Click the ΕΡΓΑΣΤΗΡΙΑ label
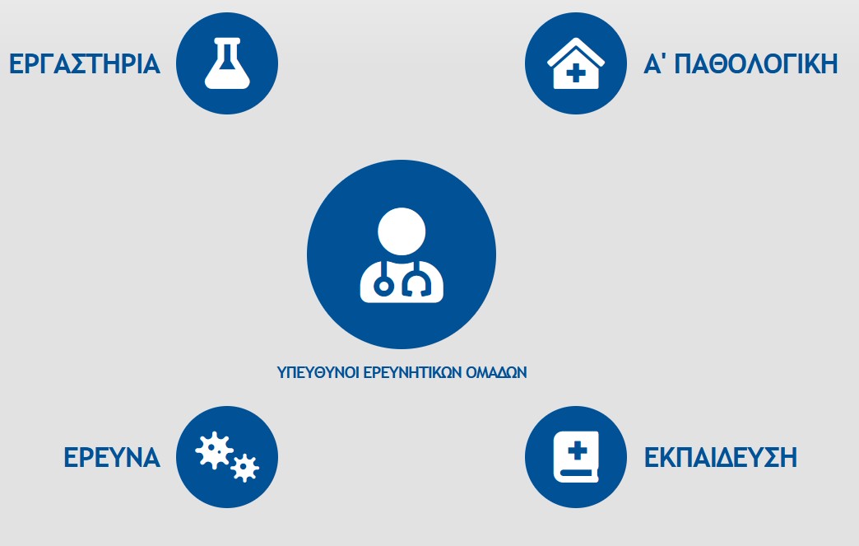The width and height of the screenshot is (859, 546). [85, 64]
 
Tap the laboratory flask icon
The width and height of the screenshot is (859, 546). [227, 63]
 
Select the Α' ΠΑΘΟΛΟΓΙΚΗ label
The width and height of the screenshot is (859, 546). [741, 63]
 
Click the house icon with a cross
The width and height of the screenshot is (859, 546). [576, 63]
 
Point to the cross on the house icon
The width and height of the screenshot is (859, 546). [576, 73]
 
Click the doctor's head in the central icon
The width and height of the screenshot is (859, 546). [402, 231]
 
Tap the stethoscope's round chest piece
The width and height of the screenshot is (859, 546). [383, 286]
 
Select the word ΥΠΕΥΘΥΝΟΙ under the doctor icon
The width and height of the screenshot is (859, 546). [318, 373]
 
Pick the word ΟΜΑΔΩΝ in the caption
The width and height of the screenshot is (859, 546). [496, 373]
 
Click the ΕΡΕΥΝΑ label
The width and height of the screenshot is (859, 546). [112, 457]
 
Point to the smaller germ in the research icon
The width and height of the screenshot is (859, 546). [244, 468]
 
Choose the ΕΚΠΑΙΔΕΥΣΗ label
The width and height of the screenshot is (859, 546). [721, 457]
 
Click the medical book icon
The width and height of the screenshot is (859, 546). [576, 456]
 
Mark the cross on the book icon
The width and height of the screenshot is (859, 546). [577, 452]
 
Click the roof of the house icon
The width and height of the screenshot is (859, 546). [576, 50]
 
